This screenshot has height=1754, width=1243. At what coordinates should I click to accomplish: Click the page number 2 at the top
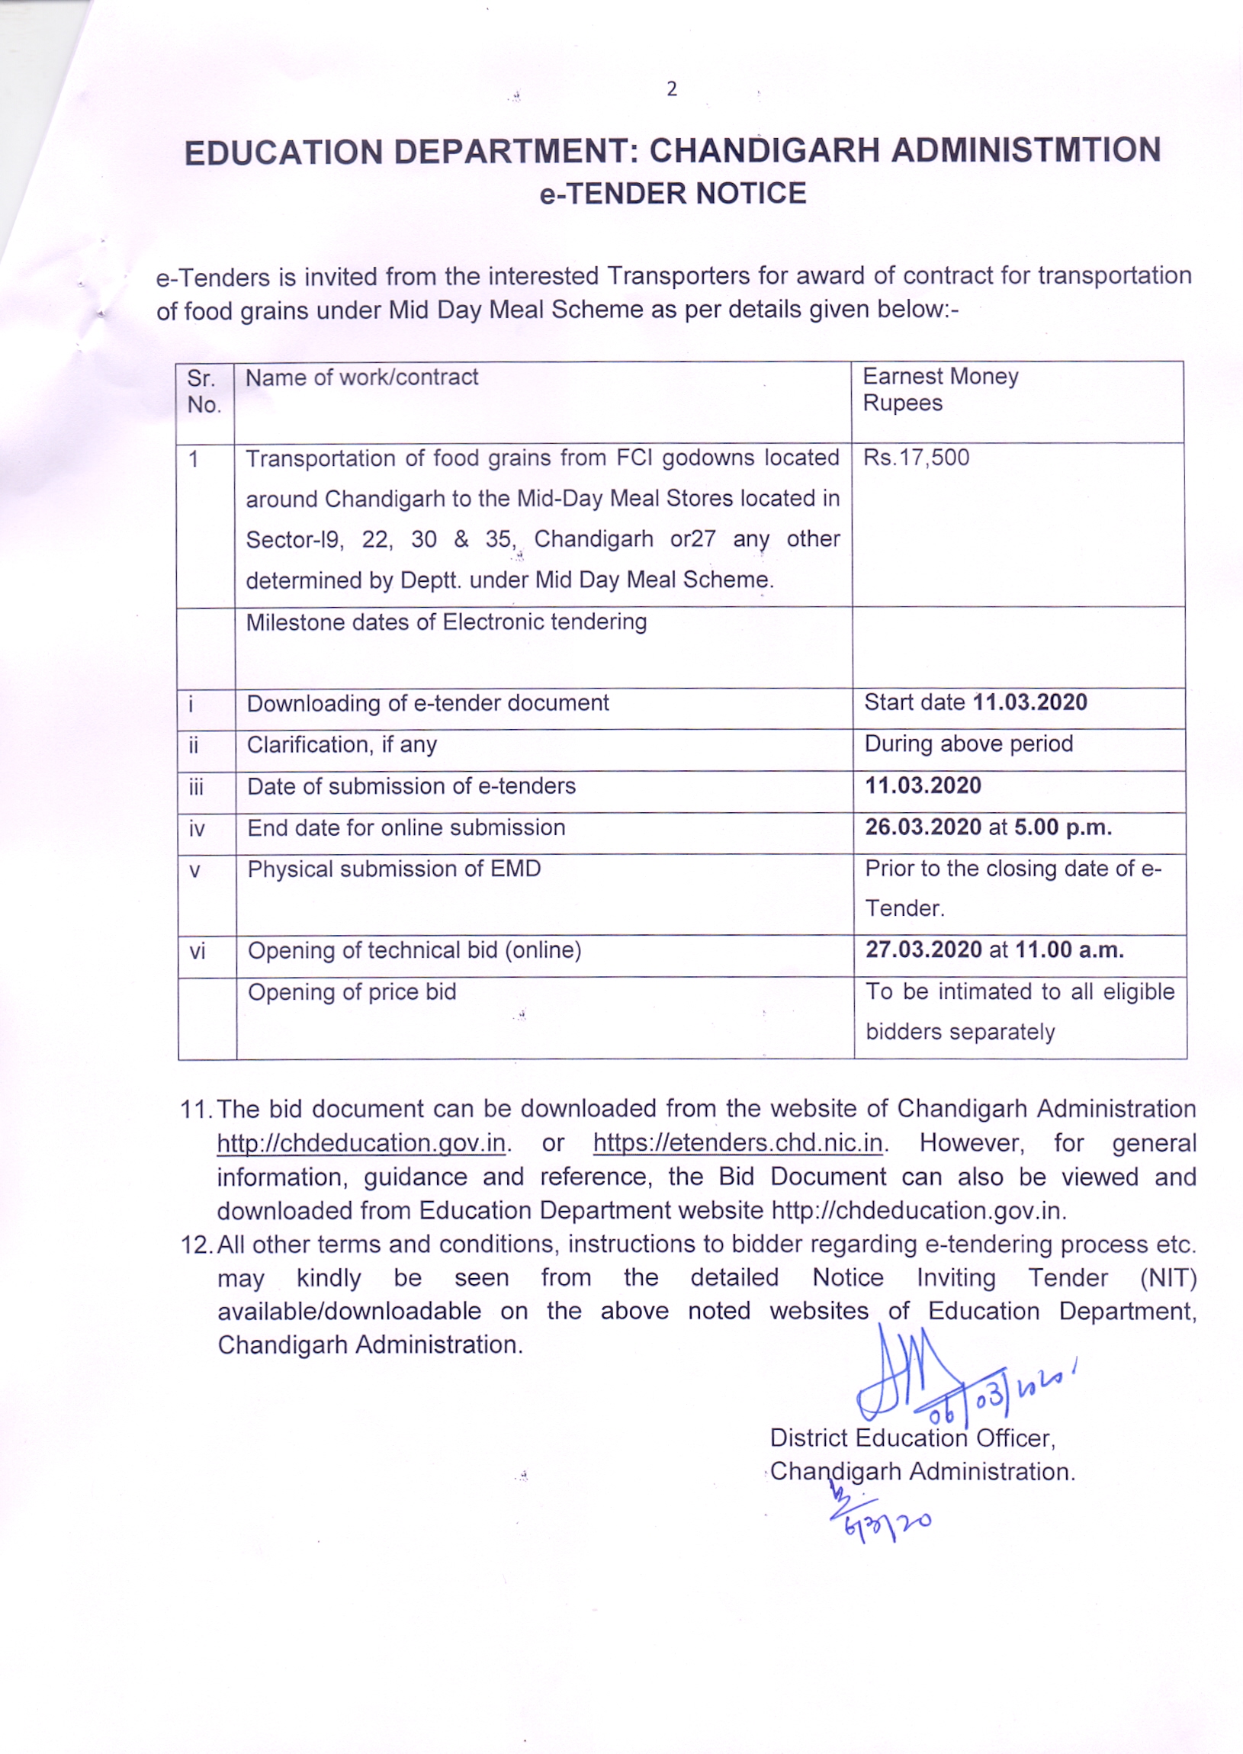pyautogui.click(x=671, y=89)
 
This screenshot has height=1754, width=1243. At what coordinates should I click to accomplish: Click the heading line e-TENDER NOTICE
pyautogui.click(x=673, y=194)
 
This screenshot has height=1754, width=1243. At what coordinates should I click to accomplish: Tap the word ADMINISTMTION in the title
pyautogui.click(x=1026, y=150)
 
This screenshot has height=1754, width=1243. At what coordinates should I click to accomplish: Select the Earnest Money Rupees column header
pyautogui.click(x=941, y=390)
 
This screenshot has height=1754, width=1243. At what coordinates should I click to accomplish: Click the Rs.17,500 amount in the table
pyautogui.click(x=916, y=458)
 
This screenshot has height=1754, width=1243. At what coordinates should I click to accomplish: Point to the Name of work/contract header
pyautogui.click(x=361, y=377)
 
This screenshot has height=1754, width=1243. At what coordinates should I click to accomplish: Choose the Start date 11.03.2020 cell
pyautogui.click(x=975, y=702)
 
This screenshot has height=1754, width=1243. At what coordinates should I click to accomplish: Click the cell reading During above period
pyautogui.click(x=968, y=744)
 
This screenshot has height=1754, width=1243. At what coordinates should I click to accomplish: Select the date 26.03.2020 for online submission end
pyautogui.click(x=923, y=827)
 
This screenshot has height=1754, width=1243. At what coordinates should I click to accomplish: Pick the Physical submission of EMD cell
pyautogui.click(x=394, y=869)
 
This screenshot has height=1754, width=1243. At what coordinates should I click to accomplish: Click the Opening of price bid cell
pyautogui.click(x=352, y=993)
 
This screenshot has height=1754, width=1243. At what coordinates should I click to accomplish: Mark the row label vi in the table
pyautogui.click(x=198, y=951)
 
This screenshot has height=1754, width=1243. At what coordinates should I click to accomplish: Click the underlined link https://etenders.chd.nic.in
pyautogui.click(x=738, y=1142)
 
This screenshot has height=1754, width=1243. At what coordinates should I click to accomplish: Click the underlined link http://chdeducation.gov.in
pyautogui.click(x=361, y=1142)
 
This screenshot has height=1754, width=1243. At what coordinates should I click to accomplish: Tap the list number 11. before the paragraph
pyautogui.click(x=196, y=1109)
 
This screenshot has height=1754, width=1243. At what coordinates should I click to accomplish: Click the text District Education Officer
pyautogui.click(x=912, y=1438)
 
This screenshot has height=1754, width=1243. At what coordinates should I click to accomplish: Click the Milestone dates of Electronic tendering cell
pyautogui.click(x=446, y=622)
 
